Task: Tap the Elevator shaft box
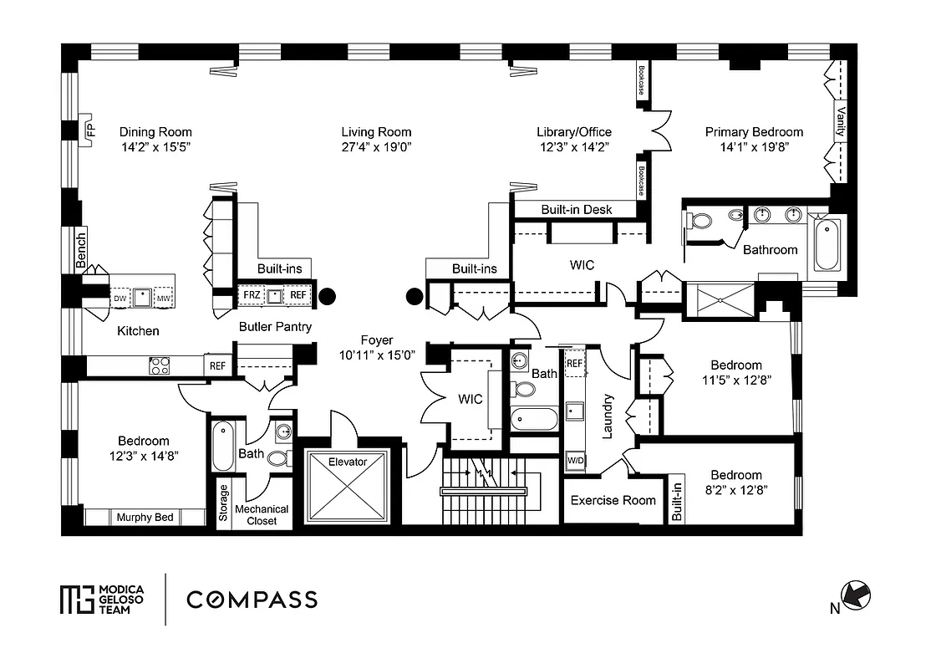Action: tap(348, 487)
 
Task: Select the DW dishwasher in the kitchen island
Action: tap(120, 298)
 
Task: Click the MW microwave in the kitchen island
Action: tap(164, 298)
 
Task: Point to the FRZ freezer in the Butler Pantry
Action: tap(252, 295)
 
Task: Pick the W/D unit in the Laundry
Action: tap(575, 461)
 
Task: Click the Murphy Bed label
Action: tap(145, 517)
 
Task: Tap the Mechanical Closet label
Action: tap(262, 514)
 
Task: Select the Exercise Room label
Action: tap(613, 500)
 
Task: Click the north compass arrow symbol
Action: tap(856, 595)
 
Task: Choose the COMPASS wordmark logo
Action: tap(252, 600)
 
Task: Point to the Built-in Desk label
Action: tap(577, 210)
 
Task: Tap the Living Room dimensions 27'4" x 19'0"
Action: tap(376, 146)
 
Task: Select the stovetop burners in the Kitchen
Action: tap(159, 365)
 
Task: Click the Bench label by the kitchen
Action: tap(81, 250)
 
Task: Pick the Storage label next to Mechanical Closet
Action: tap(223, 503)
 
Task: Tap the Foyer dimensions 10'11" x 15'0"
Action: tap(377, 355)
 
